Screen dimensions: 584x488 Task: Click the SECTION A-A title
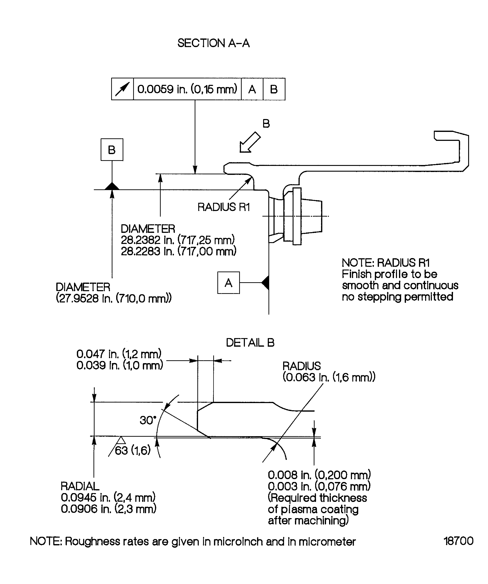[x=213, y=43]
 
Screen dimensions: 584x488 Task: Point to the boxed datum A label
[x=228, y=283]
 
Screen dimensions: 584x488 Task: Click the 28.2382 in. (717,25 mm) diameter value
[x=178, y=240]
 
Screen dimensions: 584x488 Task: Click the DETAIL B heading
[x=250, y=343]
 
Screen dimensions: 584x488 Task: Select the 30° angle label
[x=148, y=420]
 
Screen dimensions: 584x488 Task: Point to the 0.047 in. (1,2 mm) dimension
[x=119, y=354]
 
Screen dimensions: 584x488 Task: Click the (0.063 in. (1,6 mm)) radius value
[x=329, y=377]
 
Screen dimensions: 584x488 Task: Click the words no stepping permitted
[x=397, y=297]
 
